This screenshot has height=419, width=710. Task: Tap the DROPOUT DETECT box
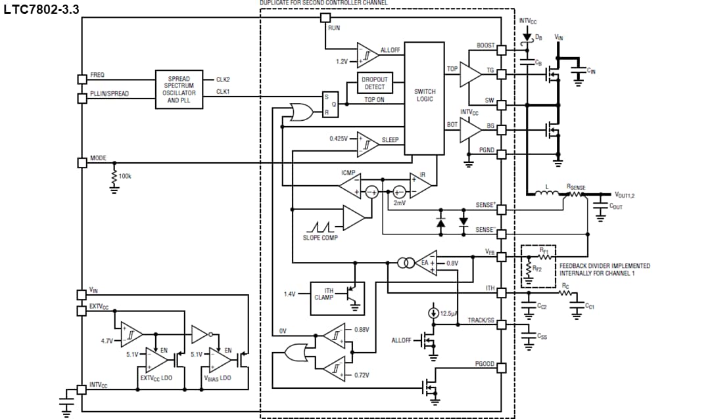coord(375,83)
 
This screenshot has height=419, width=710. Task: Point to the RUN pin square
coord(324,17)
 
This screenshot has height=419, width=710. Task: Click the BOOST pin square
coord(501,50)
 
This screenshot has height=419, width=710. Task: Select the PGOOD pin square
coord(501,367)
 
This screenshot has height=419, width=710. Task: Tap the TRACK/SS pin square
coord(501,324)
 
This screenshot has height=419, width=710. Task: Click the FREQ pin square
coord(82,79)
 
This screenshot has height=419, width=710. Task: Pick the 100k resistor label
coord(125,176)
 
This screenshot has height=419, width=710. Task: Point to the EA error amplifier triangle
coord(427,263)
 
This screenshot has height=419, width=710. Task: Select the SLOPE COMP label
coord(320,238)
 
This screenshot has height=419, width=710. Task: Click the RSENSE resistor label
coord(575,187)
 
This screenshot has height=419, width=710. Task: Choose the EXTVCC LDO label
coord(156,378)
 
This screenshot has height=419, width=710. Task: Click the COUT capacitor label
coord(616,206)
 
